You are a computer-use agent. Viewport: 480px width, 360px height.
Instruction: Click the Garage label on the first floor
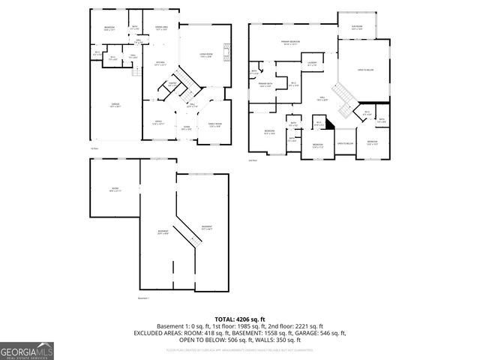tap(116, 106)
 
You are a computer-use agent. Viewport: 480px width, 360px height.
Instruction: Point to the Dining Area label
tap(160, 28)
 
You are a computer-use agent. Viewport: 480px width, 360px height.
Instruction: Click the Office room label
tap(159, 121)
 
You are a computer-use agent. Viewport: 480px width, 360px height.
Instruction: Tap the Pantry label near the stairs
tap(172, 85)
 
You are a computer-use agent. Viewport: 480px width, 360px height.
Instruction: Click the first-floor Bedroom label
tap(109, 28)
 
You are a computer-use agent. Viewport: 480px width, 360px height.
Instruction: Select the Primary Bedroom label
tap(290, 42)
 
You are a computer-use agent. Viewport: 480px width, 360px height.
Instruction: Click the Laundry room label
tap(311, 64)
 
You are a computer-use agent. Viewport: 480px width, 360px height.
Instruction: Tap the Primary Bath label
tap(265, 85)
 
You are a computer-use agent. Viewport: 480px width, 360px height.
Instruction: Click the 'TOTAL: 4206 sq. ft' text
tap(239, 319)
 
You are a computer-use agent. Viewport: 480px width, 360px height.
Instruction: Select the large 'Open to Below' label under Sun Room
tap(367, 70)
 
